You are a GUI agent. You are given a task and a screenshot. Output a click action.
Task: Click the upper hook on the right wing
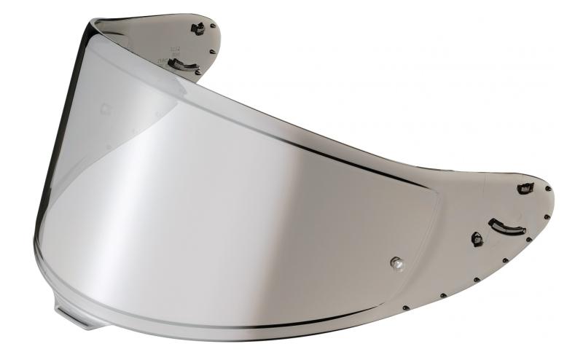(x=525, y=188)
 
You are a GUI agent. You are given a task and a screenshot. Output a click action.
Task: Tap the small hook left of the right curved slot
(x=477, y=239)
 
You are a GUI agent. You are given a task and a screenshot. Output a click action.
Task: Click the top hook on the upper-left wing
(x=197, y=28)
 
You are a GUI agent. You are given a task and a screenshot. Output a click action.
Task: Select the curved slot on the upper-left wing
(x=183, y=66)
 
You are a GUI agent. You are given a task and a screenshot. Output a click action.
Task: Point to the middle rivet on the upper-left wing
(x=211, y=52)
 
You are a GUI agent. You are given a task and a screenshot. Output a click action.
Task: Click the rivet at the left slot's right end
(x=199, y=73)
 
